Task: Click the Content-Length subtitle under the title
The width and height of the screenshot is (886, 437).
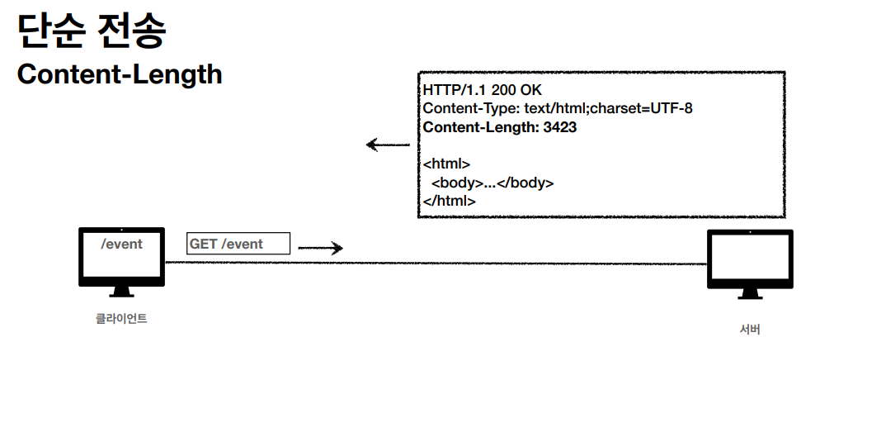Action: [x=120, y=74]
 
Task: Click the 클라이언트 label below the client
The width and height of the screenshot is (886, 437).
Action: [x=121, y=319]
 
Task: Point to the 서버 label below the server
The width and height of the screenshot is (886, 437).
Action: [x=750, y=330]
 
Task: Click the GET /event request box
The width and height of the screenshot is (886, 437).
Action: [x=238, y=244]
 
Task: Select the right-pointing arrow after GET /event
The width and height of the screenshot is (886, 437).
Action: [x=320, y=248]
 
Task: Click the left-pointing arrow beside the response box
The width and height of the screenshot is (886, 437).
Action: [x=388, y=145]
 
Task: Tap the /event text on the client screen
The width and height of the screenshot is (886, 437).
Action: [x=121, y=245]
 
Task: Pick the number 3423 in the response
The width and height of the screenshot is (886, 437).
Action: [x=559, y=127]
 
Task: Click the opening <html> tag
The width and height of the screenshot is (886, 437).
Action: [x=446, y=164]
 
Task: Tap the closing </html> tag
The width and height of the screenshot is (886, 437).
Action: [x=449, y=201]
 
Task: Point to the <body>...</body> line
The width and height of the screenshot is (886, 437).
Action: [x=492, y=183]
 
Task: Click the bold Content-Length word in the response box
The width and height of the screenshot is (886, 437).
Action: [x=478, y=127]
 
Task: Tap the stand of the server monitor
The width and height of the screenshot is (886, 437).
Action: [x=750, y=293]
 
